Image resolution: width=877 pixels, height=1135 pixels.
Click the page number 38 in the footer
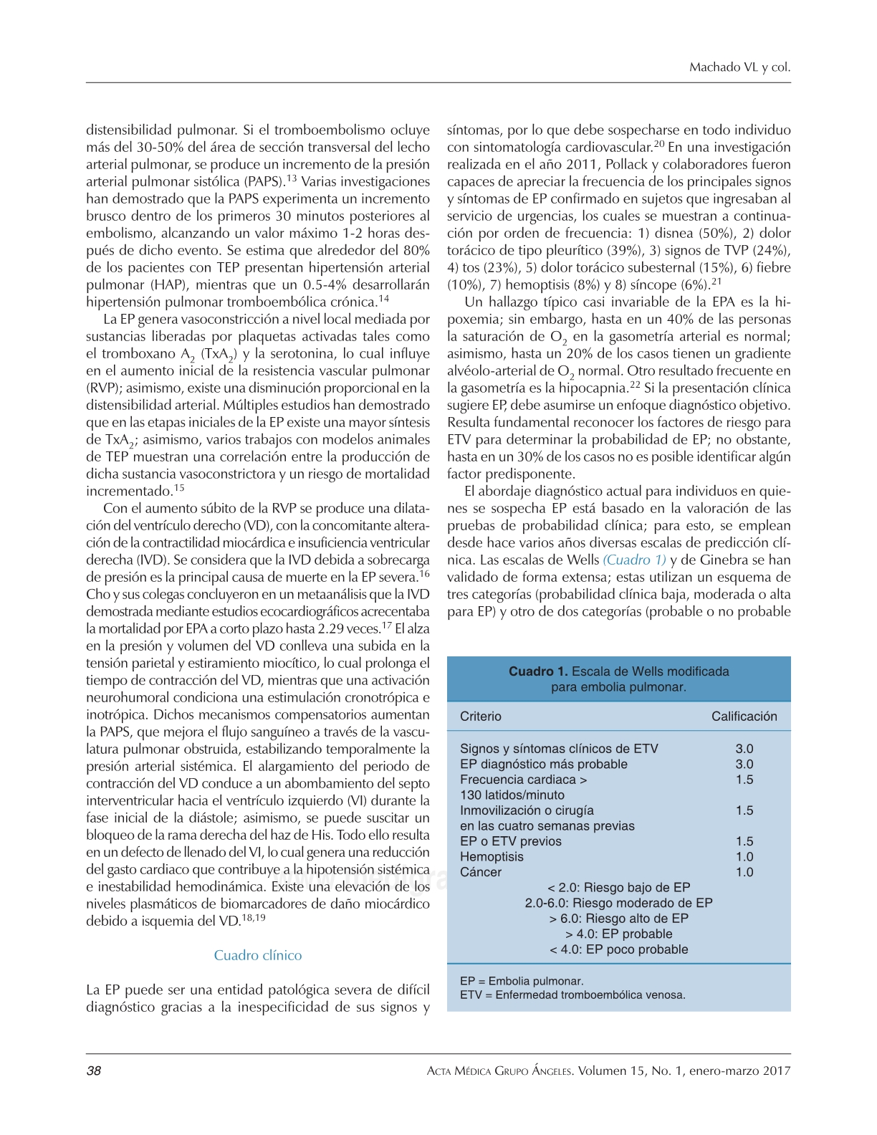[94, 1071]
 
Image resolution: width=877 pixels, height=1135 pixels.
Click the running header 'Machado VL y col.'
[739, 67]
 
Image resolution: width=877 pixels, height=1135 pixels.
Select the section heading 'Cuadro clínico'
[258, 955]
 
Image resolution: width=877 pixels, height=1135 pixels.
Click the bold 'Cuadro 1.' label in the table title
[538, 671]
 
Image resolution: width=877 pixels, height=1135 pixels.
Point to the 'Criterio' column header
[481, 716]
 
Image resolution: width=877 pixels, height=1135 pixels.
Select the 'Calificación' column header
[744, 716]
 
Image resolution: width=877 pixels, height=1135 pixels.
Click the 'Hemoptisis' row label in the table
[492, 856]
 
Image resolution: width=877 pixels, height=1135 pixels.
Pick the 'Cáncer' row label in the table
[481, 872]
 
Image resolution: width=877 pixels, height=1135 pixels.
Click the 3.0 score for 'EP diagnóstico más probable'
[744, 764]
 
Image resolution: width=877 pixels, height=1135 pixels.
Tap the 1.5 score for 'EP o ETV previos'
[744, 841]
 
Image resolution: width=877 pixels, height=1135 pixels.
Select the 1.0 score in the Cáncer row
[744, 872]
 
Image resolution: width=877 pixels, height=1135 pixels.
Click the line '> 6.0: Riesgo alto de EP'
[618, 919]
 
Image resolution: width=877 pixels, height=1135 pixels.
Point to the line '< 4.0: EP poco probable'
[618, 949]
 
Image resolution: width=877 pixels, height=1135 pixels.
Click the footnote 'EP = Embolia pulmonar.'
[522, 981]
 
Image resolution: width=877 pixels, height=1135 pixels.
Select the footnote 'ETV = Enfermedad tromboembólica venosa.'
[572, 995]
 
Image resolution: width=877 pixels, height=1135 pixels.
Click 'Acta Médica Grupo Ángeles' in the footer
[499, 1071]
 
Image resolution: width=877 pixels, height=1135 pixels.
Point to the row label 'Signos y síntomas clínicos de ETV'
[559, 749]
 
